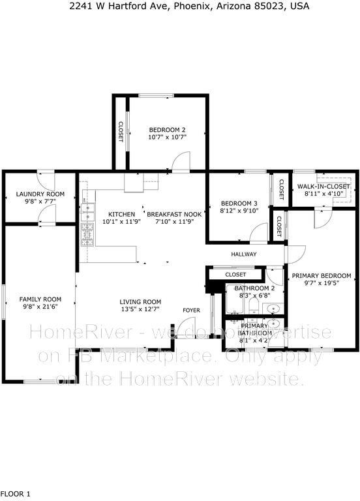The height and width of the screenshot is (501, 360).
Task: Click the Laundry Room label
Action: click(x=40, y=194)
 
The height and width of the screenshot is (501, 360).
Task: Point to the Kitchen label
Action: click(x=121, y=214)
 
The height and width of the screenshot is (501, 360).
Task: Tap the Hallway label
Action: click(x=244, y=254)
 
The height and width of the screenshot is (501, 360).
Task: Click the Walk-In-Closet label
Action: click(x=324, y=187)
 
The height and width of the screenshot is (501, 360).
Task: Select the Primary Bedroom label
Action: click(x=322, y=275)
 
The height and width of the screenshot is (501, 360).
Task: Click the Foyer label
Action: click(x=191, y=310)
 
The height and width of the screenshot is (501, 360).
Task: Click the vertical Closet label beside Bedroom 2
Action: click(x=121, y=132)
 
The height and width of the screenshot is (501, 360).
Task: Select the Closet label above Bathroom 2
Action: click(x=235, y=275)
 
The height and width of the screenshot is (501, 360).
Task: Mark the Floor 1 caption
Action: click(x=16, y=493)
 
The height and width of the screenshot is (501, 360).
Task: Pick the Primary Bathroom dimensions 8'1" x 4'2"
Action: click(x=254, y=340)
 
